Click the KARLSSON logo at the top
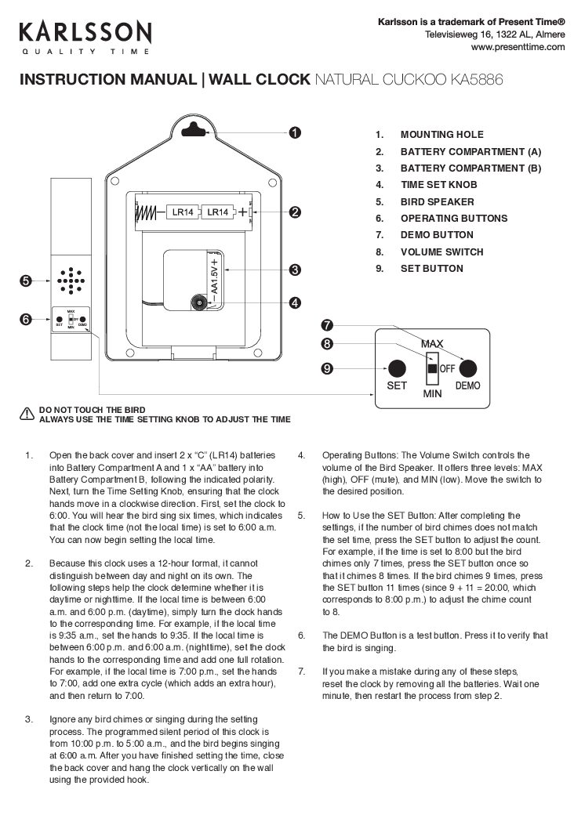[x=85, y=33]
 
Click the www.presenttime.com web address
[x=518, y=47]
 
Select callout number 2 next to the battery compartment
[x=294, y=212]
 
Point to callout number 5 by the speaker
[x=26, y=280]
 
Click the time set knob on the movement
[x=201, y=302]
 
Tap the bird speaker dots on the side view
[x=71, y=279]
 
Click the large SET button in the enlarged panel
[x=397, y=367]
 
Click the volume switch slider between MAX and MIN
[x=431, y=367]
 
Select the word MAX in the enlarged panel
[x=432, y=344]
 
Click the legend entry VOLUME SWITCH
[x=441, y=252]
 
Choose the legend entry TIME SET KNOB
[x=438, y=185]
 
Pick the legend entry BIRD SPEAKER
[x=438, y=201]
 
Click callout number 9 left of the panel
[x=328, y=367]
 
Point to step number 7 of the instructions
[x=302, y=672]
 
